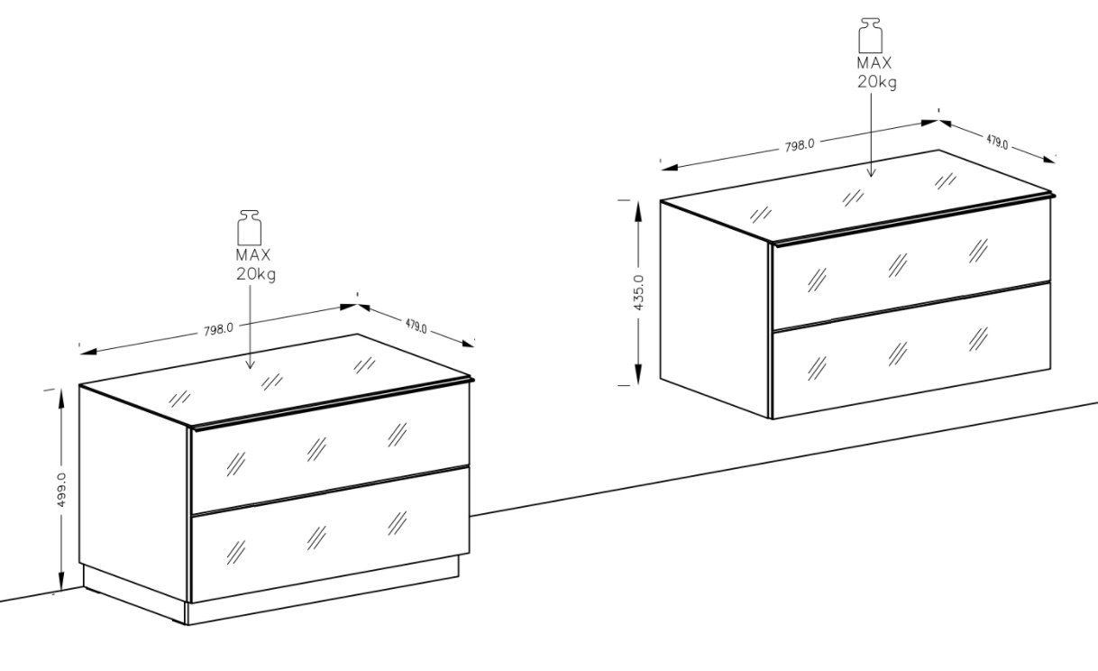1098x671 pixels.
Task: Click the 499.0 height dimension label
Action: point(62,490)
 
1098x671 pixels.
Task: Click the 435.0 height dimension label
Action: point(639,292)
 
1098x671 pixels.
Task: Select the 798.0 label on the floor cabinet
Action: point(219,329)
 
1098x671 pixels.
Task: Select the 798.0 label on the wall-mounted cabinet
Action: point(800,145)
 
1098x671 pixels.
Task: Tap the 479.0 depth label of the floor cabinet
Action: point(416,326)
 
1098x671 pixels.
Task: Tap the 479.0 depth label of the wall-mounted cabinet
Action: point(998,142)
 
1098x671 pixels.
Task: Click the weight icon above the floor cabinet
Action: point(250,228)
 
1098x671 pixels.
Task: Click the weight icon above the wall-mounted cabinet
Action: point(871,36)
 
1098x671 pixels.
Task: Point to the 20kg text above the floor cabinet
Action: point(256,274)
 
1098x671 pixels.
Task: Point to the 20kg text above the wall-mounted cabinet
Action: point(877,82)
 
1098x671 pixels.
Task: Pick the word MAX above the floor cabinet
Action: point(253,255)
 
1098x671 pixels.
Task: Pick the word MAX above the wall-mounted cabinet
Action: point(874,63)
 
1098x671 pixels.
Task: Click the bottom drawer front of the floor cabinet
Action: point(330,534)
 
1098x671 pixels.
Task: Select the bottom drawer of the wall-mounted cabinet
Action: point(911,350)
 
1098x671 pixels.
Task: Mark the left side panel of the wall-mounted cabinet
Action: point(716,310)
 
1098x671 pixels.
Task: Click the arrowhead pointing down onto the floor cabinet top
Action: point(250,364)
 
